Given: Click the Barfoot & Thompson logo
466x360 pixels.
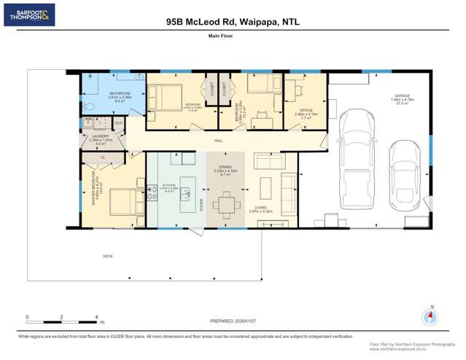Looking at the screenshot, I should [29, 15].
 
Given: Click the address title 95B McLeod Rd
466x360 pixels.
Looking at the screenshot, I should [233, 22].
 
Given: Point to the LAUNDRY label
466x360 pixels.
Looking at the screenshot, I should [100, 136].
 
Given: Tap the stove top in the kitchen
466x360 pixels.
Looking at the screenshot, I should [152, 194].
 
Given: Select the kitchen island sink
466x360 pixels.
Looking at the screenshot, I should [186, 194].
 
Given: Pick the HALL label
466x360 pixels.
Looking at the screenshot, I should [218, 140].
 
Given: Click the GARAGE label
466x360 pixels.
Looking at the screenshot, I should [401, 95].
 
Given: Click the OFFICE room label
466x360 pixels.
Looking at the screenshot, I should [306, 110].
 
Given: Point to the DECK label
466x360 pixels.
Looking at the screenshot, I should [108, 256].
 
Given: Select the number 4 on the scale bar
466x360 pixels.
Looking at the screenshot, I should [96, 317].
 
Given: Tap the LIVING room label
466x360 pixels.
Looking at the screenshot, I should [260, 207].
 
